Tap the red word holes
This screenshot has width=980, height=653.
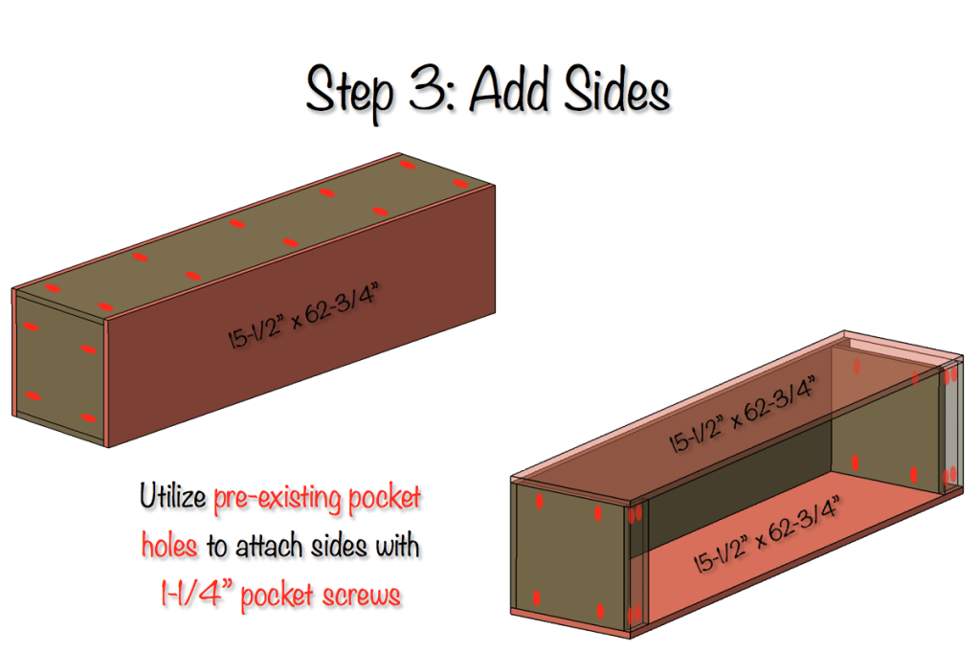(x=169, y=547)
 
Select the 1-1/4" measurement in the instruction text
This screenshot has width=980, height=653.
(x=195, y=595)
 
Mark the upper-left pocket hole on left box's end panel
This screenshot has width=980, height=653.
(x=32, y=327)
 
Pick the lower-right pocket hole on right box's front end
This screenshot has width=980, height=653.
(x=600, y=610)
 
